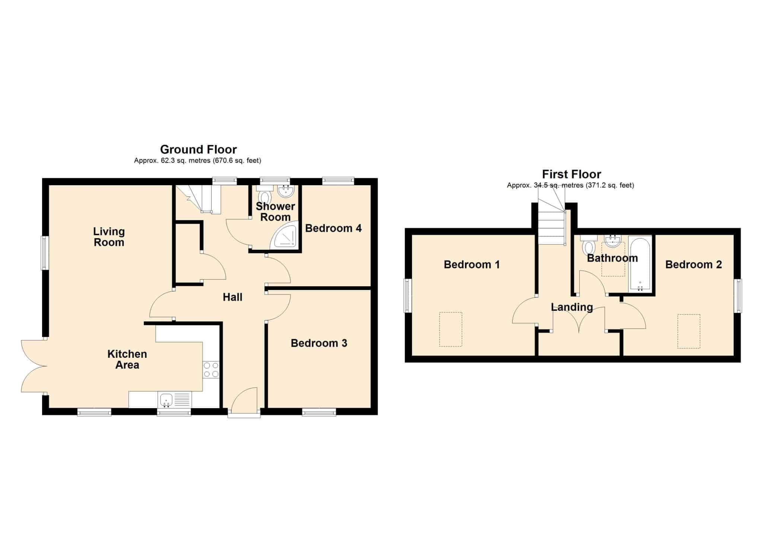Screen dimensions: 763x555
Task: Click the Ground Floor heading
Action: (x=198, y=149)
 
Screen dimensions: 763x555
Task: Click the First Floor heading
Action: (x=572, y=174)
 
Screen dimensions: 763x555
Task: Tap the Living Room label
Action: (x=109, y=237)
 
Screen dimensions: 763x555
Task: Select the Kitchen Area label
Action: (x=127, y=359)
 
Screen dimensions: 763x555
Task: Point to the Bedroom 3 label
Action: (x=319, y=343)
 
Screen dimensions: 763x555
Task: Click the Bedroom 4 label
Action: (x=333, y=228)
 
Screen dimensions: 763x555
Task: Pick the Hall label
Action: (x=232, y=297)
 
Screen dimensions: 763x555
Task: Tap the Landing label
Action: (x=572, y=307)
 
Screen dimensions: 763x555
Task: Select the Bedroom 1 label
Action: (x=472, y=265)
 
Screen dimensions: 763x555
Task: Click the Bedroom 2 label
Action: (x=694, y=265)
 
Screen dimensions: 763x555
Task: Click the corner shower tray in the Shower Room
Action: (x=286, y=234)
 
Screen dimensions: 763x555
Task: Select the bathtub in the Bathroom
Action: (x=640, y=264)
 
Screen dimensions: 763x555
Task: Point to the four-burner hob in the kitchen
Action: (x=211, y=370)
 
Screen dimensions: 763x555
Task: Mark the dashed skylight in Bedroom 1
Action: (x=451, y=329)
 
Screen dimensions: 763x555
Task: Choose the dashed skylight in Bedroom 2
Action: (x=689, y=331)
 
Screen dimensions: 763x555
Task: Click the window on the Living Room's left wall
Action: (x=44, y=253)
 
